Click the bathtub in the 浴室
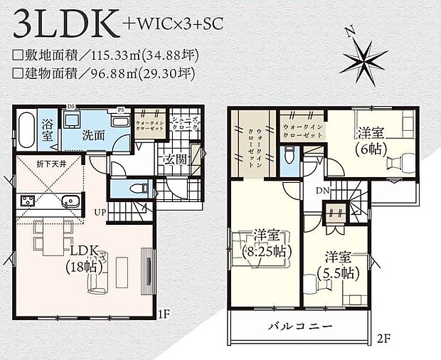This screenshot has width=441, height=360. click(x=25, y=131)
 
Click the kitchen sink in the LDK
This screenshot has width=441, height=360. click(x=69, y=200)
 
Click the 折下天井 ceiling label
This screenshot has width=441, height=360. click(x=35, y=164)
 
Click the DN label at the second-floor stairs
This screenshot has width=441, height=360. click(x=321, y=191)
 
